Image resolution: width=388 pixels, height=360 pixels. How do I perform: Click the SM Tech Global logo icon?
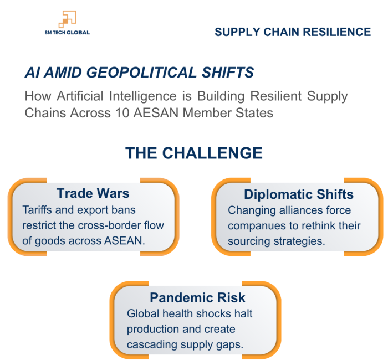click(x=67, y=19)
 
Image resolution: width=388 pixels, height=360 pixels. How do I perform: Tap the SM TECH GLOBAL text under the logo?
click(x=67, y=33)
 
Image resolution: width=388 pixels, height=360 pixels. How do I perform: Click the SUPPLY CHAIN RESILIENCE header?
click(x=293, y=32)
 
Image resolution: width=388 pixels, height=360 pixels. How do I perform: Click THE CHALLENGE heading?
click(x=194, y=153)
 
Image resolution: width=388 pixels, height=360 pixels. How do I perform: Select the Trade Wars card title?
click(x=93, y=193)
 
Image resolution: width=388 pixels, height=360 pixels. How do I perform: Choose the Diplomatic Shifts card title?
click(x=299, y=194)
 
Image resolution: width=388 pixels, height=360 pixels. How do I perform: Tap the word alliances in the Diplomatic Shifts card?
click(x=303, y=210)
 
